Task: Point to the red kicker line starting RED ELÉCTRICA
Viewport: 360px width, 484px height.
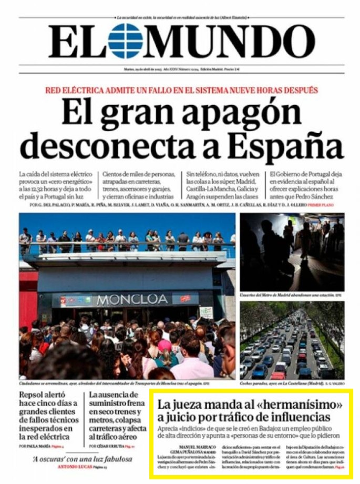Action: pyautogui.click(x=181, y=90)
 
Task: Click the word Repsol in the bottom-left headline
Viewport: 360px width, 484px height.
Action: pyautogui.click(x=34, y=395)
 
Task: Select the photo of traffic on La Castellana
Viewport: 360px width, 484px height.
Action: pyautogui.click(x=292, y=339)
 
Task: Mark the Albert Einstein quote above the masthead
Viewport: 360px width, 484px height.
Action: pyautogui.click(x=181, y=17)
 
